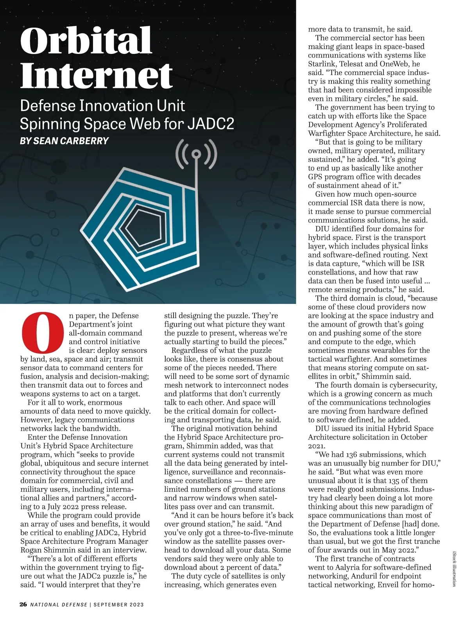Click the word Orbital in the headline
click(x=86, y=41)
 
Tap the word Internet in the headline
click(x=96, y=75)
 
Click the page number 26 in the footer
click(x=23, y=604)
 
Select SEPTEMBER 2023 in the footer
click(x=118, y=605)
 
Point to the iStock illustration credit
click(x=455, y=568)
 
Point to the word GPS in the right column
click(x=315, y=177)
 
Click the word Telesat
click(x=353, y=64)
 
